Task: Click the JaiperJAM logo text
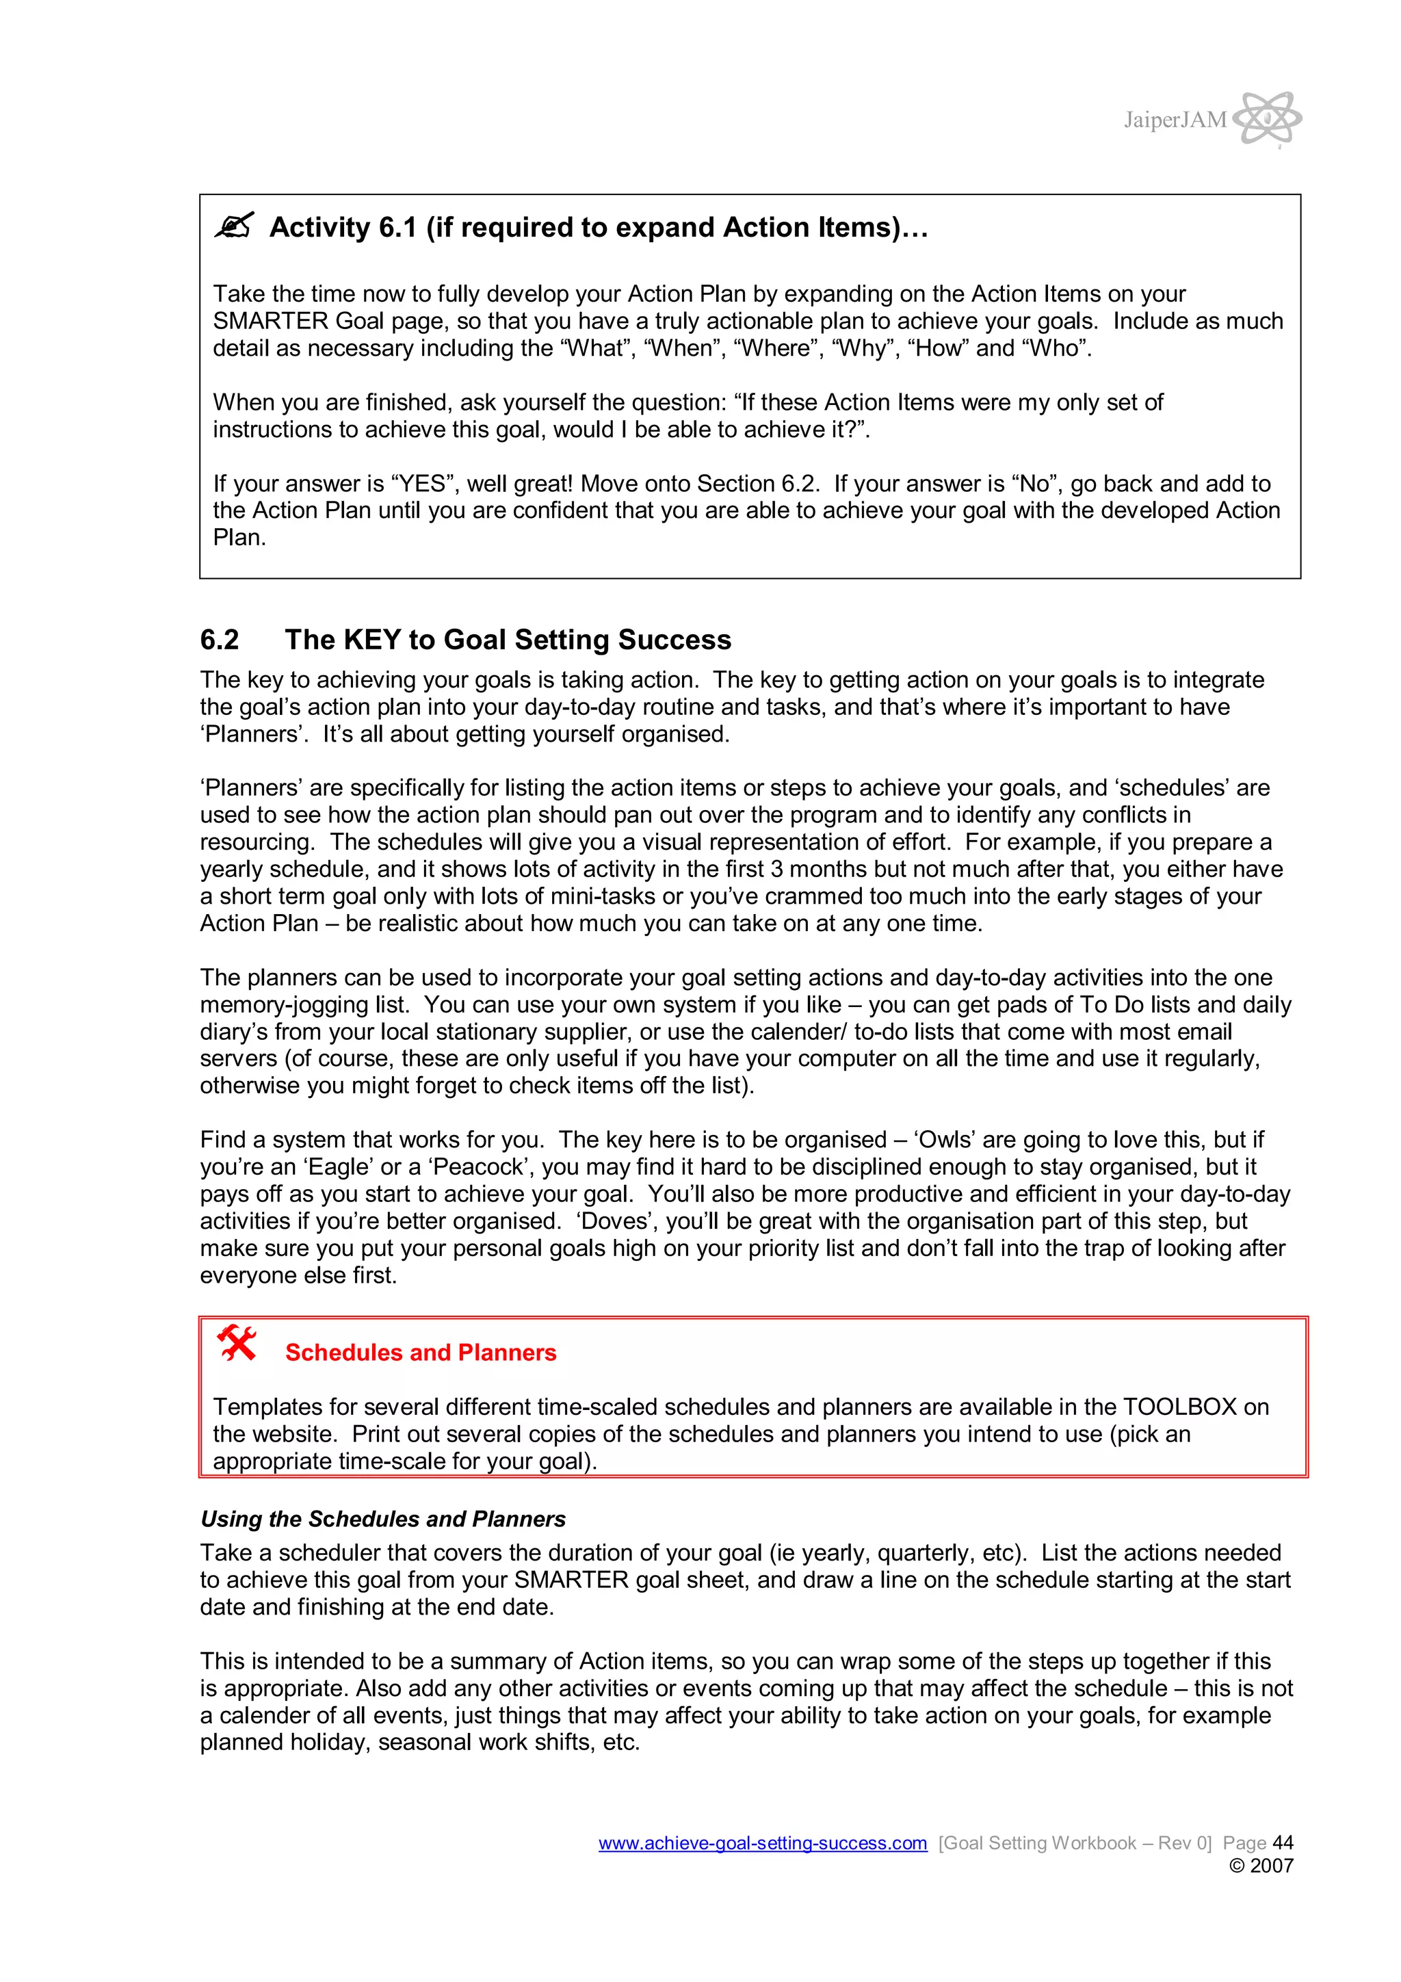(1174, 120)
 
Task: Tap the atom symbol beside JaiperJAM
(1266, 118)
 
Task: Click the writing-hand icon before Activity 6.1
(233, 226)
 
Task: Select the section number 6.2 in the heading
(220, 640)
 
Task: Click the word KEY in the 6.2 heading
(371, 640)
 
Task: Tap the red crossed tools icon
(237, 1343)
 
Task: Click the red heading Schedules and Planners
(421, 1353)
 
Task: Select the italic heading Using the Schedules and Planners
(382, 1520)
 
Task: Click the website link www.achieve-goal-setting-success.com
(762, 1843)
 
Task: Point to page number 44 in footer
(1283, 1843)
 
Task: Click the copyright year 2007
(1272, 1866)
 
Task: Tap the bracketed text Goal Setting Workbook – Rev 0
(1075, 1843)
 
